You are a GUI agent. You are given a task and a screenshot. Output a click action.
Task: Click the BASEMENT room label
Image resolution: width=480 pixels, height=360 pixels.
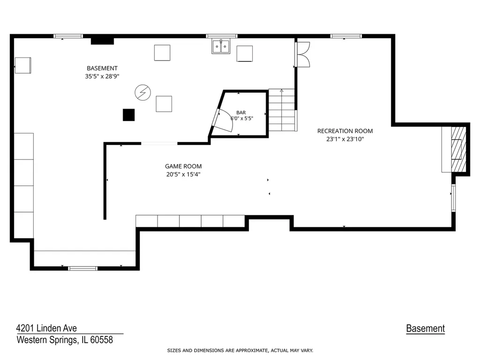(x=102, y=68)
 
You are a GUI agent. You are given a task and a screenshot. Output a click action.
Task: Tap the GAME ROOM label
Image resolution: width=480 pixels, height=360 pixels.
(x=183, y=166)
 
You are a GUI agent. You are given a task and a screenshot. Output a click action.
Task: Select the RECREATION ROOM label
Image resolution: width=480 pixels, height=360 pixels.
(x=345, y=131)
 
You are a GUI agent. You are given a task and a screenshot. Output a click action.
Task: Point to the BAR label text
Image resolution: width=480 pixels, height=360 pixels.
(x=241, y=112)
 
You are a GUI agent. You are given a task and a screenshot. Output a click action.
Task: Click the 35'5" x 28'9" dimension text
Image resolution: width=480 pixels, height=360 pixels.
(x=102, y=76)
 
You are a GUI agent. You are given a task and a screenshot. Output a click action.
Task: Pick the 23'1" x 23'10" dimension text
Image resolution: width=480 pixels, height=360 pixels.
(x=345, y=139)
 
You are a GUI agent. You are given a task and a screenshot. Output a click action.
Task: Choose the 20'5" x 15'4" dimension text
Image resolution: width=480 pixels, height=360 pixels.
(x=183, y=174)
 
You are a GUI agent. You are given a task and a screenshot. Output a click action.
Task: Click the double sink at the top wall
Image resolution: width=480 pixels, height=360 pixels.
(x=221, y=46)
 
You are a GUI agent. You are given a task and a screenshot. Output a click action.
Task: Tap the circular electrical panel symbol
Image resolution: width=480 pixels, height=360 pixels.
(x=142, y=92)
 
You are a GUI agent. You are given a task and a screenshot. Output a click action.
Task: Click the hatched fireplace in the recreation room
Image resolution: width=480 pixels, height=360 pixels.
(x=458, y=149)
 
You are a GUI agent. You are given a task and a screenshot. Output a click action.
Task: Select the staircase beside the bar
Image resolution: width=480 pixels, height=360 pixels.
(x=282, y=110)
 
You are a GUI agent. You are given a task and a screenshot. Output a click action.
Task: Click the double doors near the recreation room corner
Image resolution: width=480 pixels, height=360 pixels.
(x=303, y=54)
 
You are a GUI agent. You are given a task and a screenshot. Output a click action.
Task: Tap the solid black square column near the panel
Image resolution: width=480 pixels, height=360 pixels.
(x=128, y=115)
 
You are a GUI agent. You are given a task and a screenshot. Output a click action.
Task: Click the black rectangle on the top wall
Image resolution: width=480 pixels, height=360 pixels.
(x=102, y=41)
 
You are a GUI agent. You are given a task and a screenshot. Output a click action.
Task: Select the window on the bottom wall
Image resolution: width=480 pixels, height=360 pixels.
(x=82, y=269)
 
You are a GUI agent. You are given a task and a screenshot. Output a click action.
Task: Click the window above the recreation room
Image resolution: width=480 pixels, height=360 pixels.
(x=346, y=36)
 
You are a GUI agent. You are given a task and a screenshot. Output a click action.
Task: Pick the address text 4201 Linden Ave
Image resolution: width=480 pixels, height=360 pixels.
(x=46, y=328)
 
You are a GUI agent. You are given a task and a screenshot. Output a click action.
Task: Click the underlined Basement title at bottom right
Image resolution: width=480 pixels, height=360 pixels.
(x=425, y=329)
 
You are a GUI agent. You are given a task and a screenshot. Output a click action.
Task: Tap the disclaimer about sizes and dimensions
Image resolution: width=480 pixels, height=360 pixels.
(x=240, y=351)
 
